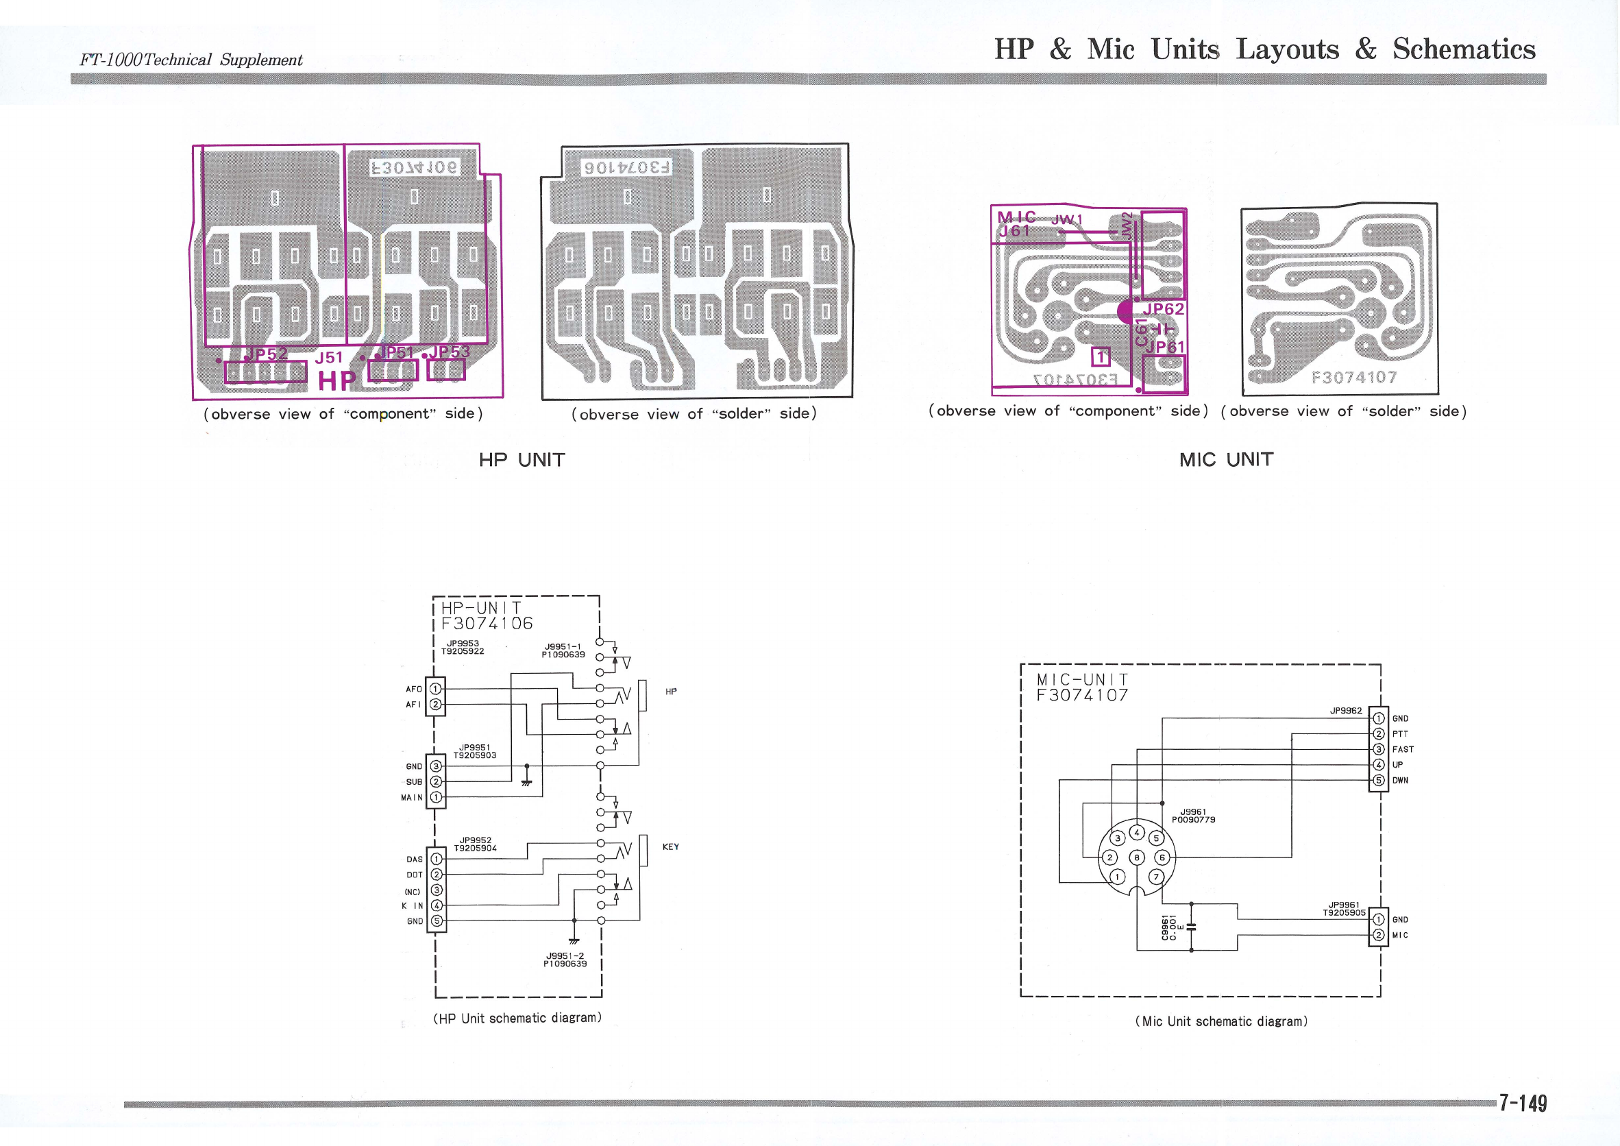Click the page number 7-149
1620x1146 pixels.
click(1523, 1103)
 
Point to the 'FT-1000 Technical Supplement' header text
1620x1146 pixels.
click(191, 60)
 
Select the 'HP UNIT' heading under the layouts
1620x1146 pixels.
click(521, 460)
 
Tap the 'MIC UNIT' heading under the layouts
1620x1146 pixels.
click(1225, 459)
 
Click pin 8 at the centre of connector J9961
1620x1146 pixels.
click(1137, 857)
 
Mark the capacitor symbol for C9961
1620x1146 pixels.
click(1191, 927)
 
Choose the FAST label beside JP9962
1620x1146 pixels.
click(1402, 749)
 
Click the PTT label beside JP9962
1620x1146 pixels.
click(1400, 734)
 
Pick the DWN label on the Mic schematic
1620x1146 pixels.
click(1400, 781)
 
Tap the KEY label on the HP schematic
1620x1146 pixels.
click(670, 846)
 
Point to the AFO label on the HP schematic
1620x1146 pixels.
click(413, 689)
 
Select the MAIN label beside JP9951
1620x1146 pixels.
click(412, 797)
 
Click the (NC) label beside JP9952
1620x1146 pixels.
click(412, 892)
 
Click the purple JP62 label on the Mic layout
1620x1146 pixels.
click(1163, 309)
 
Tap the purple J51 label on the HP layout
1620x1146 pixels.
click(329, 358)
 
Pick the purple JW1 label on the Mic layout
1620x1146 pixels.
click(1066, 220)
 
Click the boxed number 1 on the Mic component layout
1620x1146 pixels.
click(1101, 357)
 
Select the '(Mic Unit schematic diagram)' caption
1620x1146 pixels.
click(1220, 1021)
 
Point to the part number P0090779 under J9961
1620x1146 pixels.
click(1193, 820)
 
